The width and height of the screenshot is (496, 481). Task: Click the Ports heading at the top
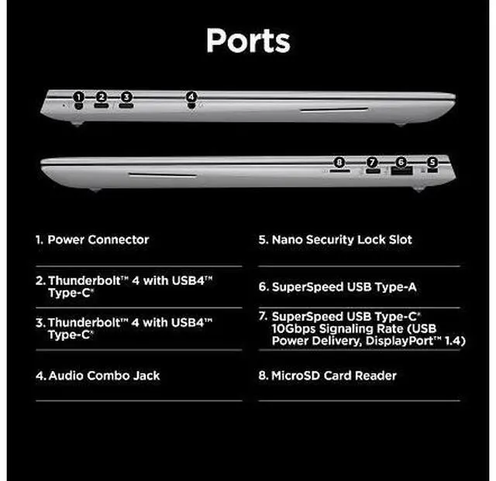(247, 40)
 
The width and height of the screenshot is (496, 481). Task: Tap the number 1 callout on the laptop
(78, 98)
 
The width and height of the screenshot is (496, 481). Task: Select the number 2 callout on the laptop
(102, 98)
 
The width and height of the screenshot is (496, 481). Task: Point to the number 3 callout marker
(126, 98)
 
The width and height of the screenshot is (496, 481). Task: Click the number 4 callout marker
(191, 98)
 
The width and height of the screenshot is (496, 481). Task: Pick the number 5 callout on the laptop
(432, 163)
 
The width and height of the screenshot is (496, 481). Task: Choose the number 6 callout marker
(400, 163)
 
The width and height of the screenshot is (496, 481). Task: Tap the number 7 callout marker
(372, 163)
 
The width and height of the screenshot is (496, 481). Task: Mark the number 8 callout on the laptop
(338, 163)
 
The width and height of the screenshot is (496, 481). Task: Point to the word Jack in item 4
(147, 376)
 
